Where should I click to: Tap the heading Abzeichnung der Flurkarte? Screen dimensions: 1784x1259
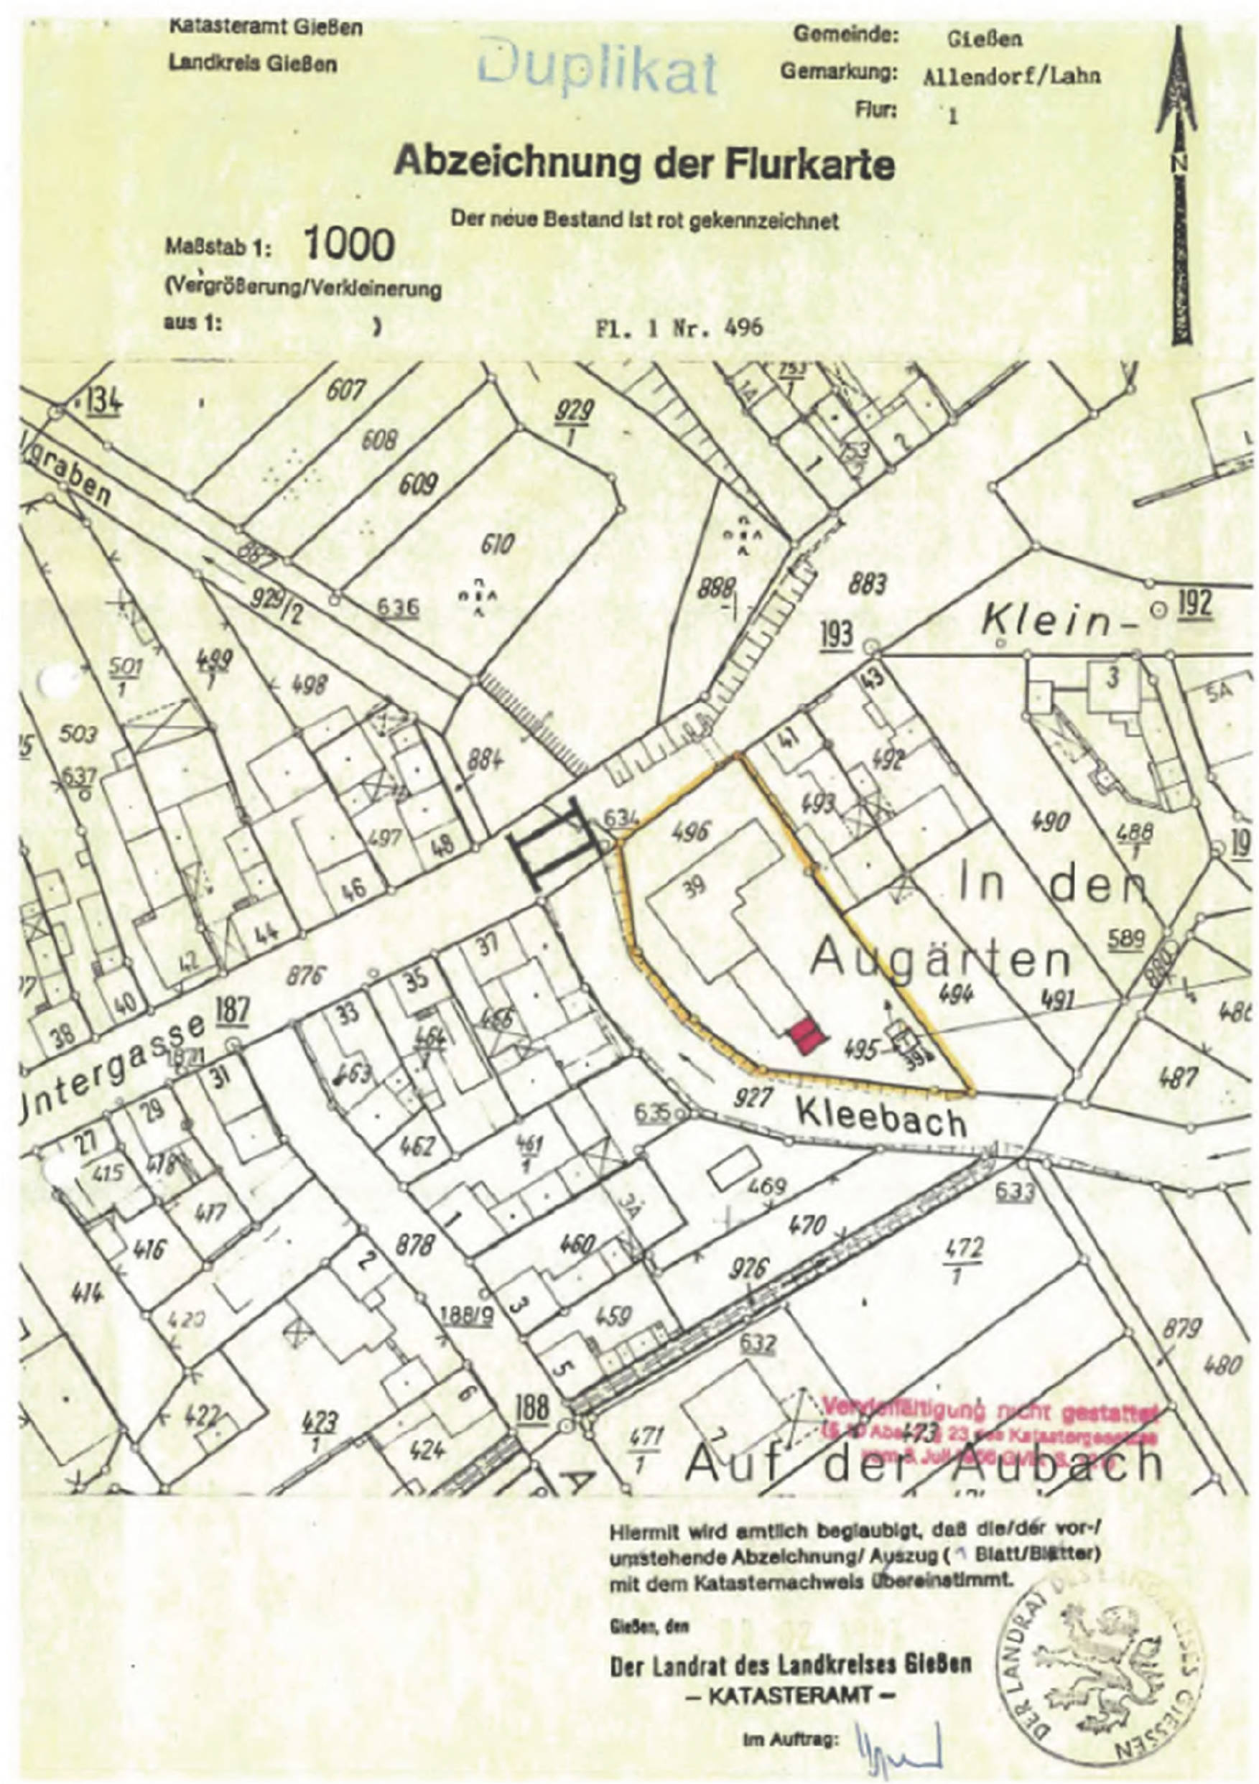pyautogui.click(x=644, y=164)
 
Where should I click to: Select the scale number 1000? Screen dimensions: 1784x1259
pyautogui.click(x=349, y=246)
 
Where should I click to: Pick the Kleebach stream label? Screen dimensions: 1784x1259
pyautogui.click(x=882, y=1121)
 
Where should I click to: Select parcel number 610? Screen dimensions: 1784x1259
pyautogui.click(x=496, y=544)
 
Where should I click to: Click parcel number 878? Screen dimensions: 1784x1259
pyautogui.click(x=414, y=1245)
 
